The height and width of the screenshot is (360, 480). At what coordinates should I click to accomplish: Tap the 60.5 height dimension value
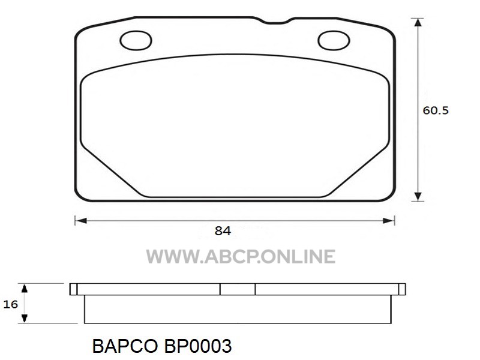point(436,110)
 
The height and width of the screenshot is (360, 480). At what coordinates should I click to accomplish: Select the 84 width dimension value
point(223,231)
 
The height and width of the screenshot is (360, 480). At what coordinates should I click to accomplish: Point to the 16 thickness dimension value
point(11,304)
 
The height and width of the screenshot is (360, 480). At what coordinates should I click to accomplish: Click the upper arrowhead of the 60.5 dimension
point(418,22)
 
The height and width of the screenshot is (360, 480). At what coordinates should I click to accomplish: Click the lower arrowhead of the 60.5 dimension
point(418,197)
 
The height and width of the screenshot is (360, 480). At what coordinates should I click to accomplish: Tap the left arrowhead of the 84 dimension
point(81,221)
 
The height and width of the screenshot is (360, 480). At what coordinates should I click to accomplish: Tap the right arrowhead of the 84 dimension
point(389,221)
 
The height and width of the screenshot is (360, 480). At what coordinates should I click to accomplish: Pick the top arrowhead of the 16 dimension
point(25,288)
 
